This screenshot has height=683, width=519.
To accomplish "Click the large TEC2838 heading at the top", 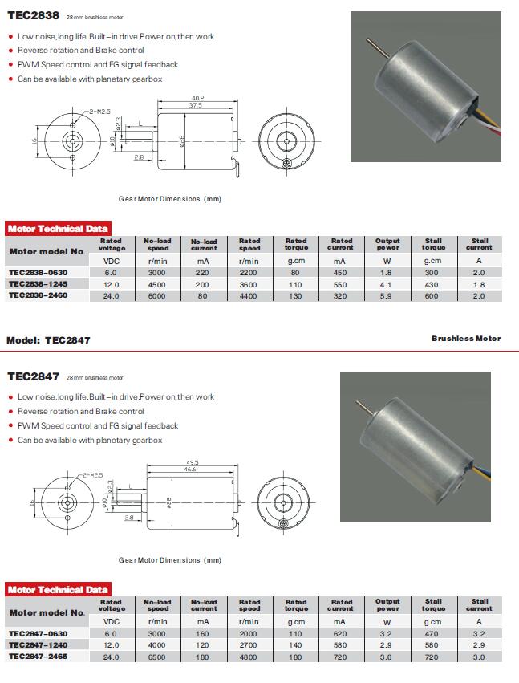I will [x=33, y=15].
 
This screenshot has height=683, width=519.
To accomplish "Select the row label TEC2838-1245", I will [x=38, y=283].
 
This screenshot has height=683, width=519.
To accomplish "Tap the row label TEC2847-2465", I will [x=38, y=657].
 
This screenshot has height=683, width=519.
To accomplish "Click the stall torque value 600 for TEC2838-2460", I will [x=433, y=295].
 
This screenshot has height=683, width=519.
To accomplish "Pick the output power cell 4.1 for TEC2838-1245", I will [x=387, y=283].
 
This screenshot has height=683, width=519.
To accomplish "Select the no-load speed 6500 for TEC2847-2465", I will [x=157, y=657].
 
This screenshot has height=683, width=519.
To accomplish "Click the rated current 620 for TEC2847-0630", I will [x=341, y=633].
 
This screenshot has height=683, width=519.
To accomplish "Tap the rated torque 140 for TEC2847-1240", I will [x=295, y=645].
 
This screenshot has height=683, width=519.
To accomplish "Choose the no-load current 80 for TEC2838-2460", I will [x=204, y=295].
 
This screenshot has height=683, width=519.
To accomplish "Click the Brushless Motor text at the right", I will [x=465, y=339].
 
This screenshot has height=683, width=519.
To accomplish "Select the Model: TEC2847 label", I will [x=48, y=339].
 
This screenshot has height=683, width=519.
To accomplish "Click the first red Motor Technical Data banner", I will [x=57, y=229].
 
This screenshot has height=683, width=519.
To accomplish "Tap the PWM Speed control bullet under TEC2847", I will [x=98, y=425].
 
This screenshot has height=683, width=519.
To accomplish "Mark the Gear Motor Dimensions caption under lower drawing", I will [x=169, y=560].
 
